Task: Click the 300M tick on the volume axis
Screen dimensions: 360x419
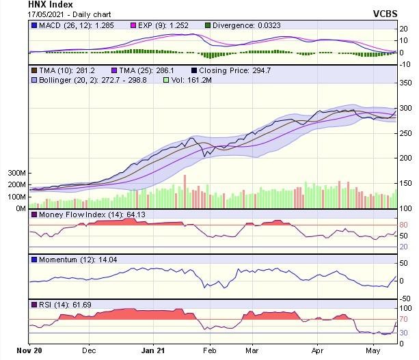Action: pos(17,174)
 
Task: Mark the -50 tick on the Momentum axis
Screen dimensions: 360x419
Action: pos(405,298)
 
